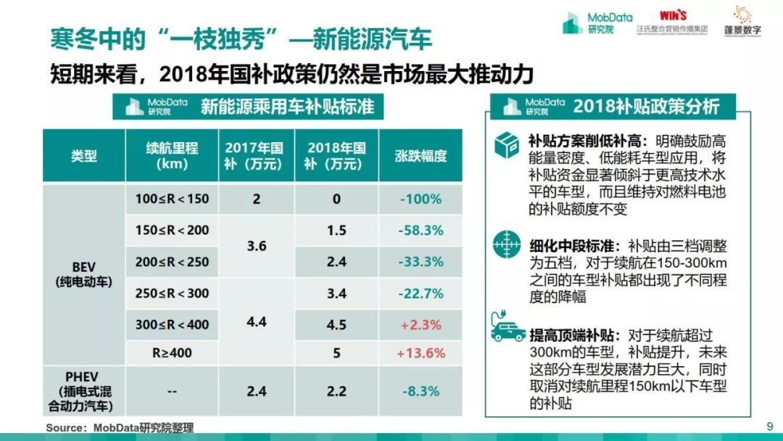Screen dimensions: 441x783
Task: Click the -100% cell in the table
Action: (x=420, y=199)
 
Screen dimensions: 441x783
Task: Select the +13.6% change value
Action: (x=420, y=353)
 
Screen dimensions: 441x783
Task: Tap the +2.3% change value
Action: (x=420, y=324)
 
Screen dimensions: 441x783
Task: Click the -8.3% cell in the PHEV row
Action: (x=420, y=391)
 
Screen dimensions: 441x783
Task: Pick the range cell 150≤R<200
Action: (x=172, y=230)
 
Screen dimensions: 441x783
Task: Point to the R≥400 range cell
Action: (x=172, y=353)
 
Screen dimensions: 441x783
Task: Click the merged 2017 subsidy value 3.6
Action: (x=256, y=246)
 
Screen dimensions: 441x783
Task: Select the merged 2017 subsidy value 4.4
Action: (x=256, y=321)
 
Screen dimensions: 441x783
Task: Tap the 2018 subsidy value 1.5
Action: (x=336, y=230)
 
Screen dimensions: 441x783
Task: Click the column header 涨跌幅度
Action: (x=420, y=155)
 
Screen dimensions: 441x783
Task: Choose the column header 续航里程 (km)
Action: (x=172, y=155)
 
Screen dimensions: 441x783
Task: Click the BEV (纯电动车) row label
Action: (x=84, y=275)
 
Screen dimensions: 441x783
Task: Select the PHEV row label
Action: (x=84, y=391)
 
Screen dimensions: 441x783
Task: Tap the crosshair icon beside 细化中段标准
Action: (x=507, y=246)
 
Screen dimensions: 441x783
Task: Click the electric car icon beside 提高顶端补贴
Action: (x=507, y=330)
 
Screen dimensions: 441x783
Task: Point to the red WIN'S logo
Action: (x=673, y=15)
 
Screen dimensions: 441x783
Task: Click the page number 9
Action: (x=769, y=426)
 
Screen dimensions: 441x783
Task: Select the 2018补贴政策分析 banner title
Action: (x=645, y=107)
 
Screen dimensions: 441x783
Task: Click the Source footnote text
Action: (x=120, y=427)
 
